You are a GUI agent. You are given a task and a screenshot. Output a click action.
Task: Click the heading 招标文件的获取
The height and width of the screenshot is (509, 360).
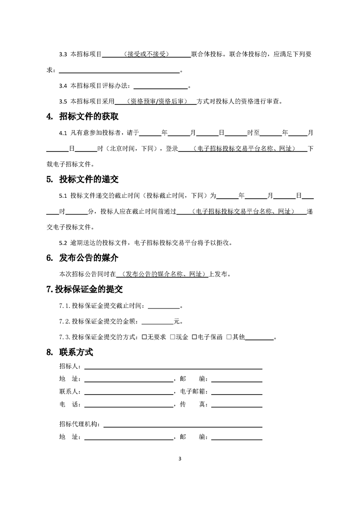pyautogui.click(x=89, y=117)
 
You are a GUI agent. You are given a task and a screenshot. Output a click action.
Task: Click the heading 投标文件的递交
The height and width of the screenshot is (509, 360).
pyautogui.click(x=89, y=179)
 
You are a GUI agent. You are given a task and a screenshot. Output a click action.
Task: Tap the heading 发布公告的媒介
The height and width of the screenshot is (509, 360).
pyautogui.click(x=89, y=258)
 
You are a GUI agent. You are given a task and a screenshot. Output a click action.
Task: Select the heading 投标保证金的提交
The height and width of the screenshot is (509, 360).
pyautogui.click(x=89, y=289)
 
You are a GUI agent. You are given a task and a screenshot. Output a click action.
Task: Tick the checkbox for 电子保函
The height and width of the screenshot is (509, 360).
pyautogui.click(x=194, y=337)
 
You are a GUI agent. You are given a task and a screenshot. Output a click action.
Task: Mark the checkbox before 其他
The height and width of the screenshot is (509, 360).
pyautogui.click(x=229, y=337)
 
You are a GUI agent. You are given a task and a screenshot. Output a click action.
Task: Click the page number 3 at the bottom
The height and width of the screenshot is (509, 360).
pyautogui.click(x=180, y=458)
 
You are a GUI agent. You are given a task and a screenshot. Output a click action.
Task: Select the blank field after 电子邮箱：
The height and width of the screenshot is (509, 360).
pyautogui.click(x=237, y=391)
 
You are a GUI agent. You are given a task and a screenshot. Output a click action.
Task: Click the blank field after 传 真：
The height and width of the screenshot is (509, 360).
pyautogui.click(x=237, y=404)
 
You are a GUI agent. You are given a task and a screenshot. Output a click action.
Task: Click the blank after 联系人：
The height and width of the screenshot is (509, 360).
pyautogui.click(x=128, y=391)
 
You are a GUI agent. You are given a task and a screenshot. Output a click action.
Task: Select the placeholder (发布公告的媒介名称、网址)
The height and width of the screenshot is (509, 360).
pyautogui.click(x=162, y=274)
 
